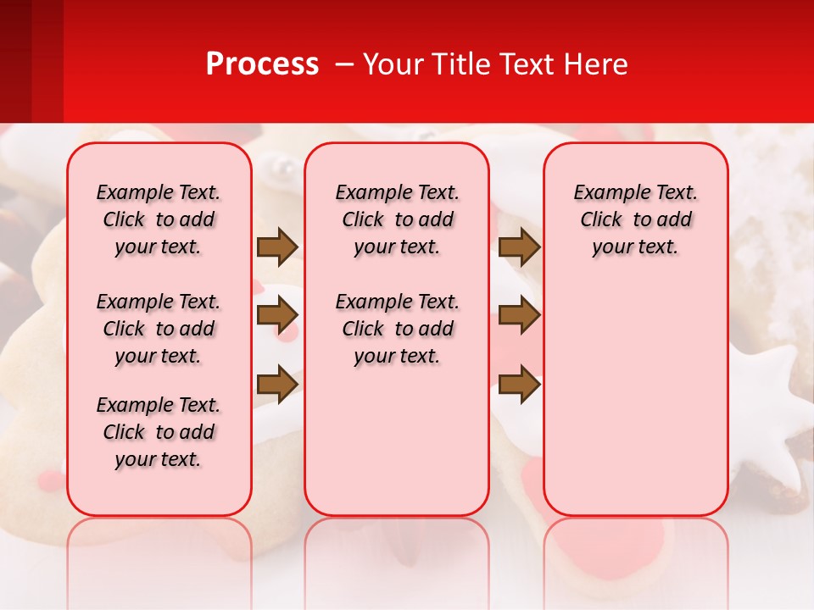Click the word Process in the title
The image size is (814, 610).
[262, 64]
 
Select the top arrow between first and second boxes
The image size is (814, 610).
[277, 247]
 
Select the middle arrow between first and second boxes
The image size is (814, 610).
[277, 315]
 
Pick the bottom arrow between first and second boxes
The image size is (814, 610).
[277, 384]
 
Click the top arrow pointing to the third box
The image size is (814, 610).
[519, 247]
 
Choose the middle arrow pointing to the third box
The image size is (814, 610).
[519, 315]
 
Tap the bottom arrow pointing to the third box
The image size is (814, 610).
[519, 384]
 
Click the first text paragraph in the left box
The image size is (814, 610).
[159, 219]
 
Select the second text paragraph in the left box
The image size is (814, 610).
[159, 329]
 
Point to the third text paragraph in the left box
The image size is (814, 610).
[159, 432]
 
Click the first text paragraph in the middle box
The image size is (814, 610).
[397, 219]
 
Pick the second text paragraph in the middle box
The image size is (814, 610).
[397, 329]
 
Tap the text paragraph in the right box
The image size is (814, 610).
[635, 219]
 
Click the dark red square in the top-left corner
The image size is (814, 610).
[15, 59]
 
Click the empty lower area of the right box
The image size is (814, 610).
[635, 398]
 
